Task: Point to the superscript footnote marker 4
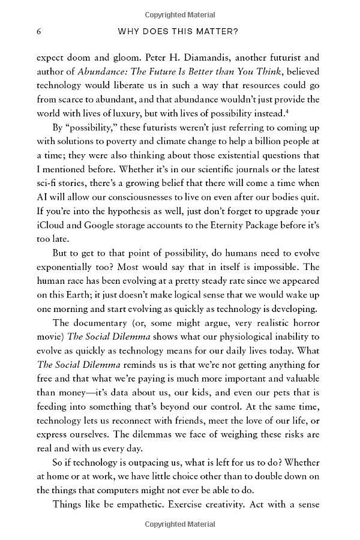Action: pyautogui.click(x=290, y=110)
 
